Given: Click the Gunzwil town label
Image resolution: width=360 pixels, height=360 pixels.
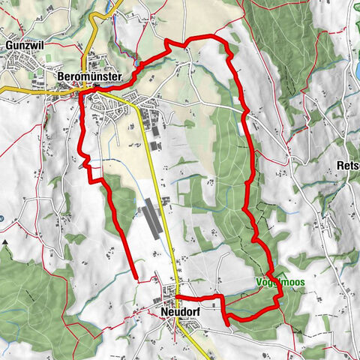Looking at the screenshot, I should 25,45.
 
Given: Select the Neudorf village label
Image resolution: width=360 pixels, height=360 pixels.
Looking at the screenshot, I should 178,308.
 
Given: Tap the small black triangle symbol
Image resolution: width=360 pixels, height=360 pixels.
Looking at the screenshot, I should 4,242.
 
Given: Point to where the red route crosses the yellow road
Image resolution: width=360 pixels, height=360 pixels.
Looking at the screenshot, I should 177,298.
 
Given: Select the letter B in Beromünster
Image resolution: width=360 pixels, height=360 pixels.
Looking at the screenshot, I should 60,76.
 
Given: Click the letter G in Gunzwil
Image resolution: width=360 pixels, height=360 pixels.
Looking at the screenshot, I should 7,45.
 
